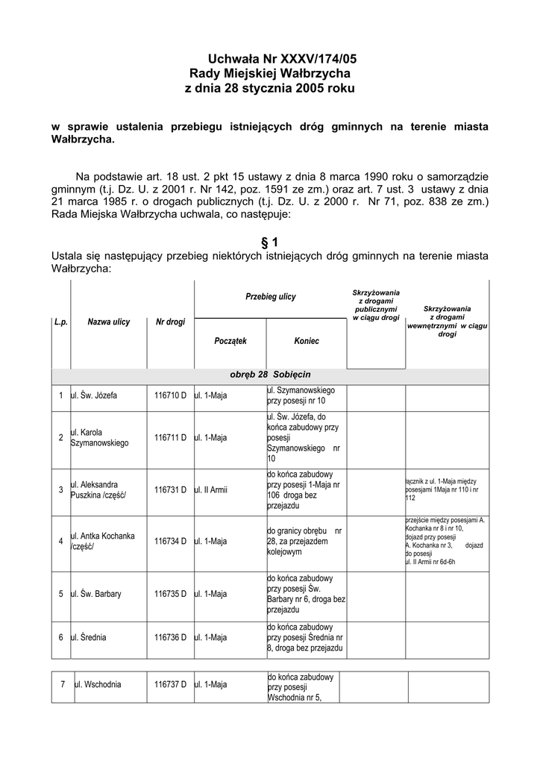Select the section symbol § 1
pyautogui.click(x=270, y=242)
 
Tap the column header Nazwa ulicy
pyautogui.click(x=109, y=322)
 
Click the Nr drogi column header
pyautogui.click(x=170, y=322)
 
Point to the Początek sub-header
pyautogui.click(x=230, y=340)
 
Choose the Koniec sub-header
pyautogui.click(x=307, y=340)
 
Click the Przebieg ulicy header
pyautogui.click(x=270, y=297)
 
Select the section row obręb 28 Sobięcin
pyautogui.click(x=270, y=373)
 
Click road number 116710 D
pyautogui.click(x=170, y=395)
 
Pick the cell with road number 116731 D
pyautogui.click(x=170, y=490)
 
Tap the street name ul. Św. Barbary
pyautogui.click(x=96, y=594)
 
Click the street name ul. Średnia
pyautogui.click(x=89, y=638)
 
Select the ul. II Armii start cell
pyautogui.click(x=211, y=490)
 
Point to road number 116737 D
pyautogui.click(x=170, y=685)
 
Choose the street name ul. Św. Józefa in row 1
pyautogui.click(x=94, y=395)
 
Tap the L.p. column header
pyautogui.click(x=60, y=322)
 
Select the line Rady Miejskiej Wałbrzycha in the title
pyautogui.click(x=270, y=74)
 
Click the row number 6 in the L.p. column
pyautogui.click(x=60, y=638)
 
